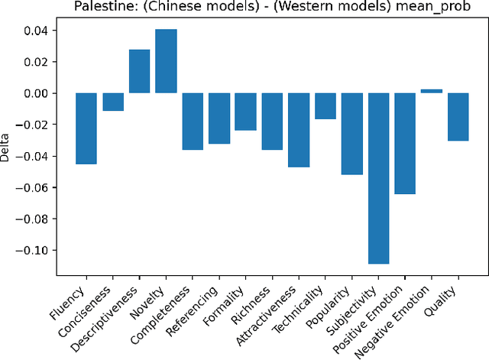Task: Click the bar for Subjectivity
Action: click(378, 178)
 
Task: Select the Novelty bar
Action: click(166, 61)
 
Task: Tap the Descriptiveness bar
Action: click(139, 71)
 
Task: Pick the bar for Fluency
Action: click(86, 128)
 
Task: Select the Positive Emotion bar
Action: click(405, 143)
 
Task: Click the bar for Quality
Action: click(458, 117)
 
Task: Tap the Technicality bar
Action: click(325, 106)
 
